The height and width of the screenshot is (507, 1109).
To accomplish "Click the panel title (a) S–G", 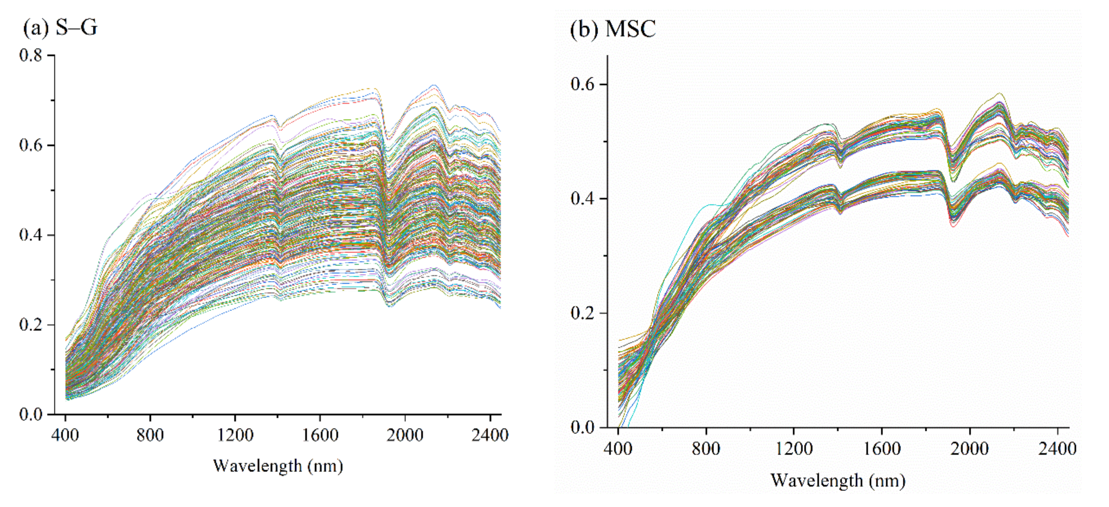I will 60,28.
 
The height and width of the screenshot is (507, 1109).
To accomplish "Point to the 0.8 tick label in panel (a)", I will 31,56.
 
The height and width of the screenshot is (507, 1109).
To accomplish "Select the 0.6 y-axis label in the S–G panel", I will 31,145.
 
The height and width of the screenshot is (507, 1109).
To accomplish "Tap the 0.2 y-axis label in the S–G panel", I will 31,325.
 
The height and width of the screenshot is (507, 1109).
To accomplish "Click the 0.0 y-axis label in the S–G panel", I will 31,414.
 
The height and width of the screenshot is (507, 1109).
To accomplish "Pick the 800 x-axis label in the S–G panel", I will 150,435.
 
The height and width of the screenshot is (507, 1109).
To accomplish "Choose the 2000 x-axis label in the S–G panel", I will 405,435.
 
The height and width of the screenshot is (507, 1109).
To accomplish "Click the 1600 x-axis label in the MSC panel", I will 882,449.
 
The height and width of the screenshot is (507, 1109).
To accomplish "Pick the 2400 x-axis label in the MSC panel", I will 1057,449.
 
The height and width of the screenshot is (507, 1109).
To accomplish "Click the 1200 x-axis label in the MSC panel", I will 793,449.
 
